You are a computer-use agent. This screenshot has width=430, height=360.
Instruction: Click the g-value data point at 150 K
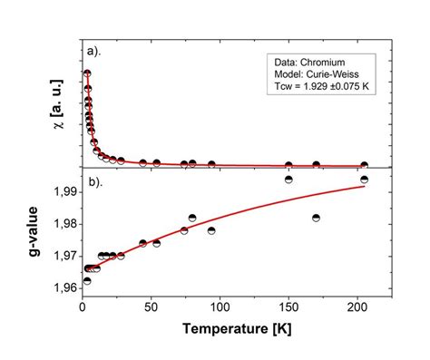click(x=288, y=180)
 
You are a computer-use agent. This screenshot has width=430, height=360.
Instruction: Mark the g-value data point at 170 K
click(x=316, y=218)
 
